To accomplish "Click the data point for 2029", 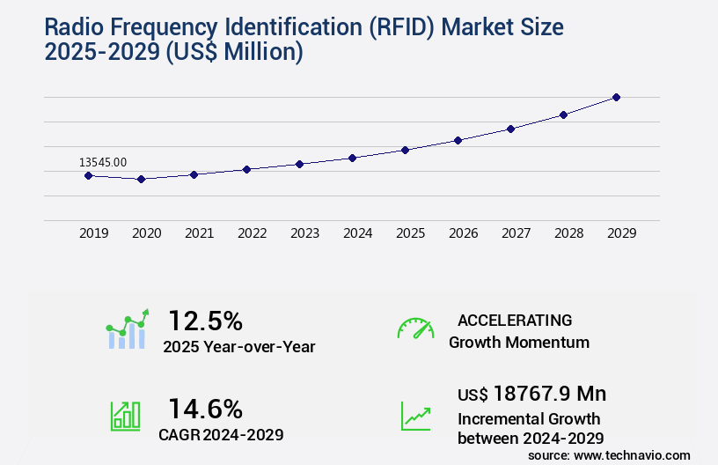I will [616, 97].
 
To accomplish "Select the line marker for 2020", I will [141, 179].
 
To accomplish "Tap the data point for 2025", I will [405, 150].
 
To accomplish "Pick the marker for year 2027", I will [510, 129].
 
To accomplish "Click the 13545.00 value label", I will [103, 162].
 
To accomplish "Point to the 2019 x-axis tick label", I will [94, 233].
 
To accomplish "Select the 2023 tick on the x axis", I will [305, 233].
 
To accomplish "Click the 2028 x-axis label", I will [569, 233].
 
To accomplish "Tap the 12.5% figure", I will [205, 321].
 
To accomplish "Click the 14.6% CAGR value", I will [205, 409].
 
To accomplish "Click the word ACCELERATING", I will [515, 320].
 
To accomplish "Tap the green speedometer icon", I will [415, 328].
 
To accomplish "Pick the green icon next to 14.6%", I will [125, 416].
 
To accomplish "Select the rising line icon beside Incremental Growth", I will [415, 416].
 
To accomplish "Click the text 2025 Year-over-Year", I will [238, 347].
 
